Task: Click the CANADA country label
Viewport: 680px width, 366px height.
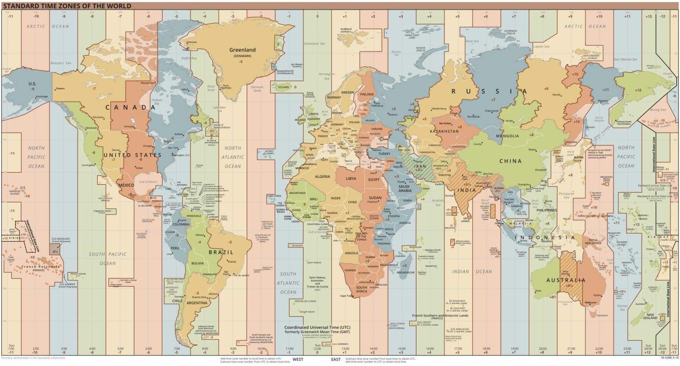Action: (x=131, y=107)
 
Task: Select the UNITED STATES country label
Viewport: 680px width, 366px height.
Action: (x=132, y=155)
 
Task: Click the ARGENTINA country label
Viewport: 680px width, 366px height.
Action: (x=197, y=303)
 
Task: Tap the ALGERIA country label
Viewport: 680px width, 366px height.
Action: (x=322, y=177)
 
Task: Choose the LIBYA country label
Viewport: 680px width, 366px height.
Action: (x=351, y=179)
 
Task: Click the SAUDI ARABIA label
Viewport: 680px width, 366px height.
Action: (x=405, y=188)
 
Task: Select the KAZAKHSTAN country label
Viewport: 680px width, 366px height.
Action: (x=444, y=132)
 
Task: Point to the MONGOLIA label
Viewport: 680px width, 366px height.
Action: (x=507, y=136)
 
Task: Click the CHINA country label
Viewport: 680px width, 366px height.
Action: (x=510, y=161)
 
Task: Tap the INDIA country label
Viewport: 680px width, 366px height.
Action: (x=467, y=191)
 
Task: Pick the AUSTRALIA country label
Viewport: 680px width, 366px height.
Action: (x=565, y=280)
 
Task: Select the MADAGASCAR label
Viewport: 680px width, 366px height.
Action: (x=406, y=273)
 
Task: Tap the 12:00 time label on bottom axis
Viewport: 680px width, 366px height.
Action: (x=317, y=349)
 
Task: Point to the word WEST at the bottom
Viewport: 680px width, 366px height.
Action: (x=297, y=359)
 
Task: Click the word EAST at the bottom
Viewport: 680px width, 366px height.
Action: (x=336, y=359)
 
